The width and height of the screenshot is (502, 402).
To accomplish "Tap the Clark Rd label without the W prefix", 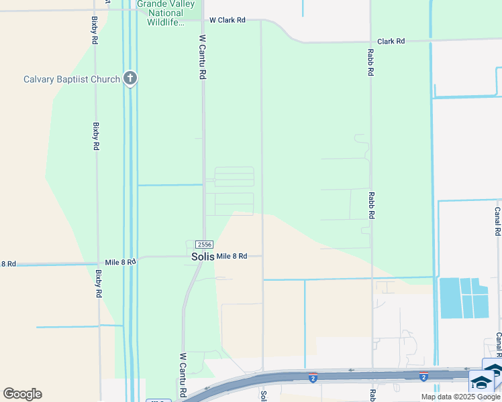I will click(x=391, y=41).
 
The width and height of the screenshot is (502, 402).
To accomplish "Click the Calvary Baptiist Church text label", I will click(x=72, y=79).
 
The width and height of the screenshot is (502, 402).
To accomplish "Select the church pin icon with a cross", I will click(x=130, y=79).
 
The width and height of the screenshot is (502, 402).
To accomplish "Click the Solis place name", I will click(x=202, y=257).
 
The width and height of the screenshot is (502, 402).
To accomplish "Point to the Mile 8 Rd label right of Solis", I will click(x=232, y=257).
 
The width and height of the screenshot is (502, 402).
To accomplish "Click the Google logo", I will click(x=22, y=394).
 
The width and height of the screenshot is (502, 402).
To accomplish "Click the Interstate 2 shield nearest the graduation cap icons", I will click(x=423, y=378).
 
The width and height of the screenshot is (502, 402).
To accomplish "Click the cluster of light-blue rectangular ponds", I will click(x=463, y=297).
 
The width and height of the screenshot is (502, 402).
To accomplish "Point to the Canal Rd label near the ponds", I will click(x=497, y=220).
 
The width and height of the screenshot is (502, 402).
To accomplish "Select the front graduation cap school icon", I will click(x=481, y=383).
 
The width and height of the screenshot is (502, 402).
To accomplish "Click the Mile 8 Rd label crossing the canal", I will click(x=121, y=261).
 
